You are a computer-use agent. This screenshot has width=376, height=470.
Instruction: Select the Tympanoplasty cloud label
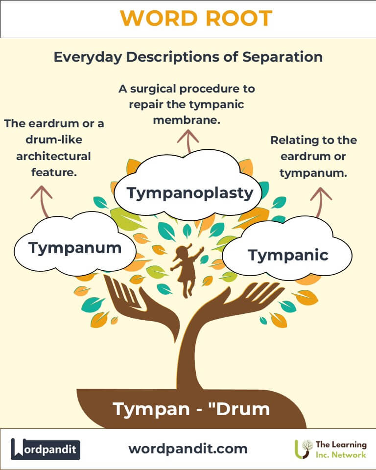click(x=190, y=192)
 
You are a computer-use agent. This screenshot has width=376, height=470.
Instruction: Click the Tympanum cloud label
click(x=74, y=248)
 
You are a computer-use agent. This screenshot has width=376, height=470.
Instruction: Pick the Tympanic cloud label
click(x=288, y=255)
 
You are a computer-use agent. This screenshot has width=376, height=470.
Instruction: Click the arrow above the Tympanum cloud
click(x=42, y=200)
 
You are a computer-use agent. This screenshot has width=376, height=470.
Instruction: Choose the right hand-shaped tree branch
click(x=245, y=299)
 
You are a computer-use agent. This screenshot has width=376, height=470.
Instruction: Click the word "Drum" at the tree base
click(x=241, y=409)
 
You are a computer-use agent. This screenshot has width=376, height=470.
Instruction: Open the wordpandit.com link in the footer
click(x=188, y=448)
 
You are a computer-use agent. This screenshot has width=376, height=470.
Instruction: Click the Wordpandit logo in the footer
click(x=46, y=449)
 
